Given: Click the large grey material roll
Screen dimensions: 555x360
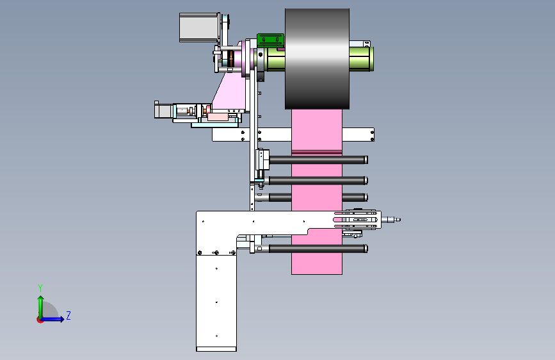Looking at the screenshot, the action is click(x=317, y=59).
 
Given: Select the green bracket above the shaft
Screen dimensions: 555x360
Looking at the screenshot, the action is click(x=270, y=40).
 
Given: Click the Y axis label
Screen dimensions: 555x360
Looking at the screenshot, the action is click(x=40, y=288).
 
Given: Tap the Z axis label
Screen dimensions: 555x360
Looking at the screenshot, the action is click(x=68, y=315).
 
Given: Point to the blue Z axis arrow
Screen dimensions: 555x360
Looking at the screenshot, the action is click(x=52, y=319).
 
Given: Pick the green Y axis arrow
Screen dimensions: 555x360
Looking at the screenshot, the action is click(x=41, y=307).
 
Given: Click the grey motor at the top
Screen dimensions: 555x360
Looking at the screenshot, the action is click(x=198, y=28).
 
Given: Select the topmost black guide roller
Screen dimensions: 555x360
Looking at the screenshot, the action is click(x=318, y=160).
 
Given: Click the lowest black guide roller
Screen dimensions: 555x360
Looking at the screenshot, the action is click(x=318, y=249).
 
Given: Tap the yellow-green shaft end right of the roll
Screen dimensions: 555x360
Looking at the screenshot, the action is click(x=362, y=59).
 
